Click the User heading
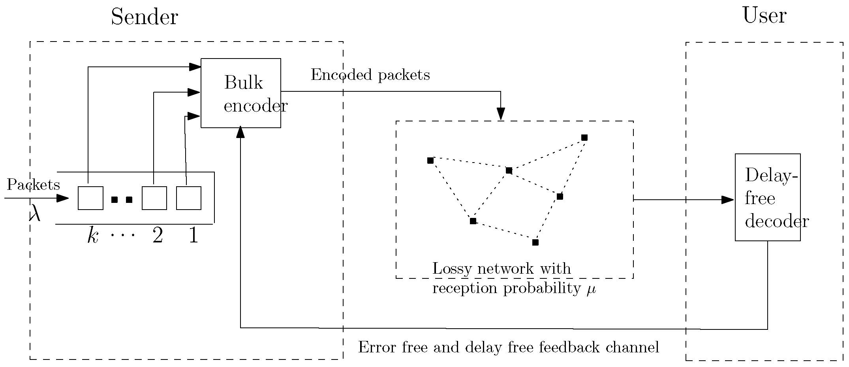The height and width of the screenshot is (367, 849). pos(764,16)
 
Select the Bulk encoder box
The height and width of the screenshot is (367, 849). pos(241,93)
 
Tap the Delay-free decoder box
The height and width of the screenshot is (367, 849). pos(767,197)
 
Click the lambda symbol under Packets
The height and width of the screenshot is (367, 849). pos(35,215)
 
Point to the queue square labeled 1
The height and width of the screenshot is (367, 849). pos(188,198)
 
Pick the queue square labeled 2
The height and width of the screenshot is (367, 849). pos(154,198)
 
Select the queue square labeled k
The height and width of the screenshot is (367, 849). pos(90,198)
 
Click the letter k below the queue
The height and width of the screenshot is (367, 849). pos(92,236)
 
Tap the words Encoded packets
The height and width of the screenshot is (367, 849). pos(370,75)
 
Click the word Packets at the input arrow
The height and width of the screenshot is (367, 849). pos(34,185)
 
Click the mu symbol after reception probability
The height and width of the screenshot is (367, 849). pos(591,289)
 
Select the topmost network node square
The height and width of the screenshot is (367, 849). pos(584,138)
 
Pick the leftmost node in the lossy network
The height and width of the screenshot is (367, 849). pos(430,161)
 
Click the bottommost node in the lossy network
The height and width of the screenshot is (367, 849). pos(535,242)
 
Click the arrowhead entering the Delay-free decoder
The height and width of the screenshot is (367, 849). pos(727,200)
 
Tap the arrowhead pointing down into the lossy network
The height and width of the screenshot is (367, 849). pos(501,114)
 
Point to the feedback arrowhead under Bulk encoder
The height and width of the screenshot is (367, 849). pos(240,133)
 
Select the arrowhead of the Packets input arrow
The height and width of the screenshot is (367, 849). pos(63,198)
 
